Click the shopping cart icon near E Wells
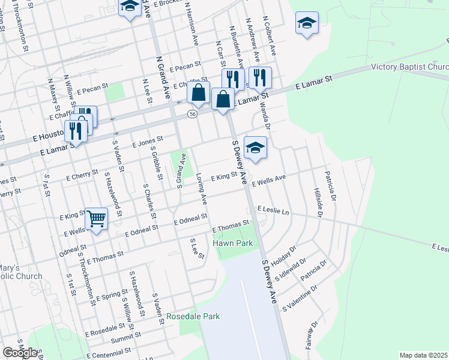96,218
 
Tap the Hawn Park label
233,243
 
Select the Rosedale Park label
193,316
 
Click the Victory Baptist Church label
409,67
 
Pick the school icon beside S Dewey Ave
255,148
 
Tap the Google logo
20,353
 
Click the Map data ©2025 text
423,355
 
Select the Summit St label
142,337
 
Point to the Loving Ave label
202,187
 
